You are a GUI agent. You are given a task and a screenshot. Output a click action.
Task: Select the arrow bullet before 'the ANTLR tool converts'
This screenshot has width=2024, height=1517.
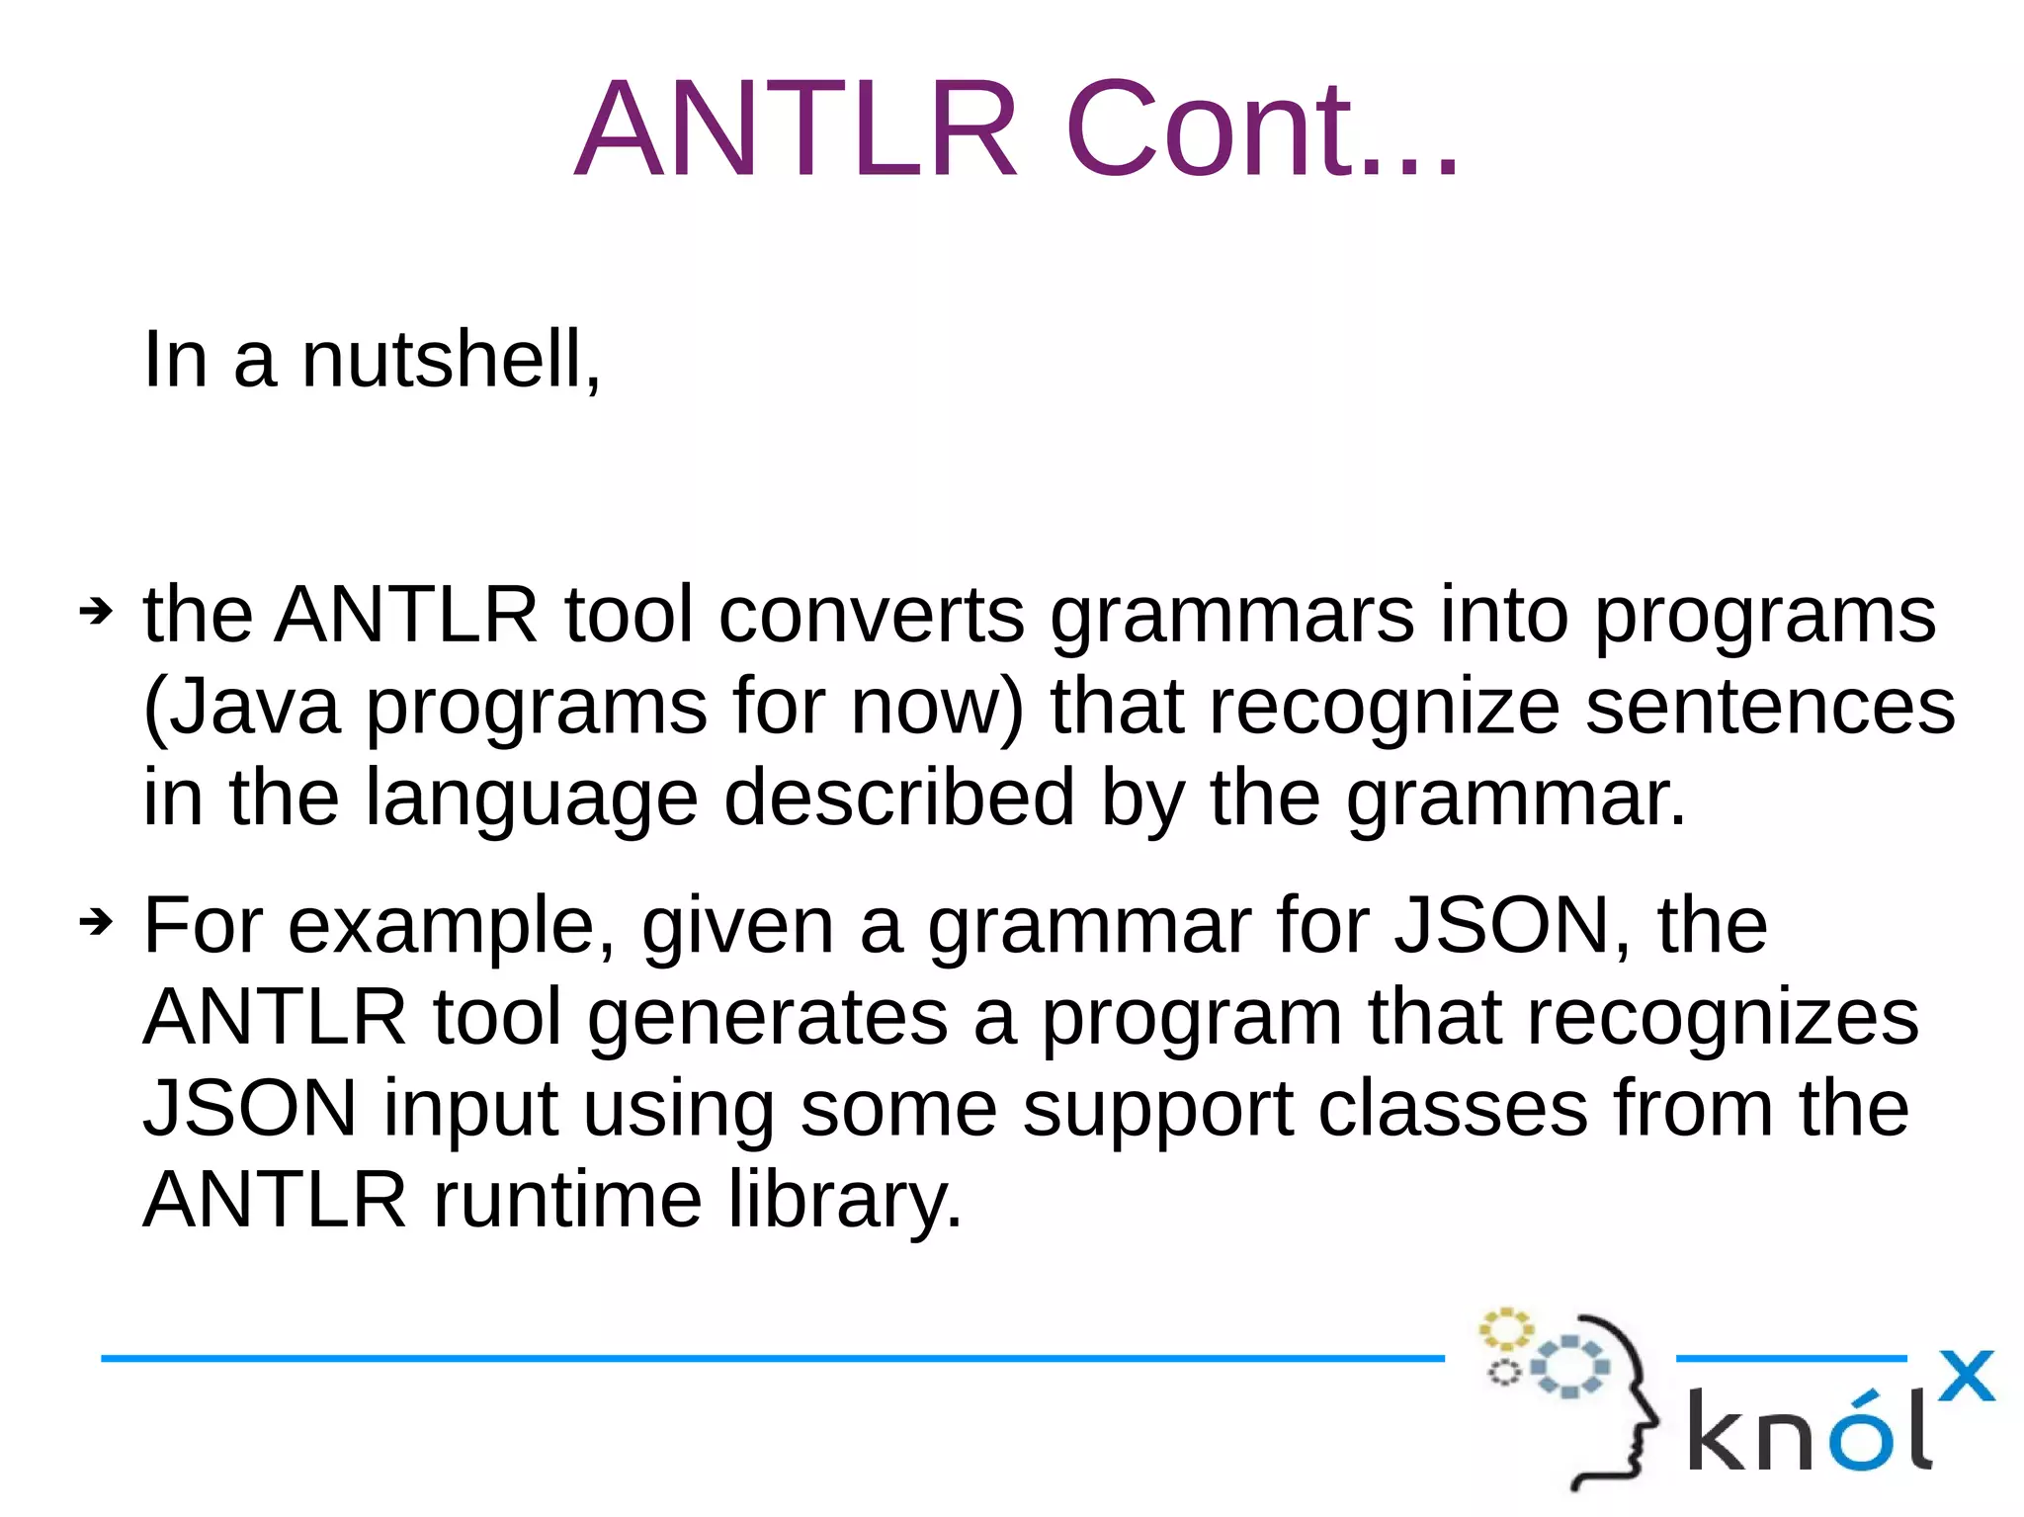[96, 613]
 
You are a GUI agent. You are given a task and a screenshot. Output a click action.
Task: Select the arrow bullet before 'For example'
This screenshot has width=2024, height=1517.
[96, 923]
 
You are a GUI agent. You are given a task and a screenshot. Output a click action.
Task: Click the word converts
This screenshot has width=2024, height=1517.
[871, 615]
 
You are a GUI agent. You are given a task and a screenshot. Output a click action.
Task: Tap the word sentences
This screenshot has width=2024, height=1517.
[1770, 708]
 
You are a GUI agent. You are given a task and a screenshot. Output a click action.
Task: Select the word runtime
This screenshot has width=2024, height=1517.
[567, 1200]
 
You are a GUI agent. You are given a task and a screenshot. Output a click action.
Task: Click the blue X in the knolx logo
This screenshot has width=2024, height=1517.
[1966, 1376]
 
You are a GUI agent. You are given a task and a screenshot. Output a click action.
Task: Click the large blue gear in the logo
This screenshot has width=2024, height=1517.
[1570, 1367]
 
